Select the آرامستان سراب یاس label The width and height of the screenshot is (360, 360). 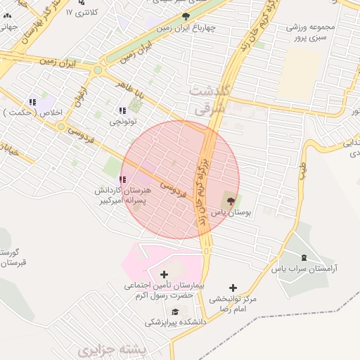tap(305, 269)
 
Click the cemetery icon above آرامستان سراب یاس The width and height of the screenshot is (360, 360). tap(304, 258)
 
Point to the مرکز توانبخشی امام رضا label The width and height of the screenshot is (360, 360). tap(233, 304)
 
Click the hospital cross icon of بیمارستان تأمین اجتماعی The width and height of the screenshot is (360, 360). tap(165, 274)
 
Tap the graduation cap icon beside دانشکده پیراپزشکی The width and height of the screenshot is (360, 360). tap(166, 311)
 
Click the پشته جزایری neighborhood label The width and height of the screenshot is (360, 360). tap(105, 349)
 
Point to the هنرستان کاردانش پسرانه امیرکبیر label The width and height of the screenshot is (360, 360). tap(124, 195)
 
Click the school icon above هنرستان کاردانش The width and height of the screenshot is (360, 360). tap(124, 180)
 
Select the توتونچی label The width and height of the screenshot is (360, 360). tap(124, 122)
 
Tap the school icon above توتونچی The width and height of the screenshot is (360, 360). tap(123, 110)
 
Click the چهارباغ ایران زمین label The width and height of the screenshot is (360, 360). tap(186, 27)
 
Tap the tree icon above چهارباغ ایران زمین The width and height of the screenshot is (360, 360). tap(186, 15)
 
